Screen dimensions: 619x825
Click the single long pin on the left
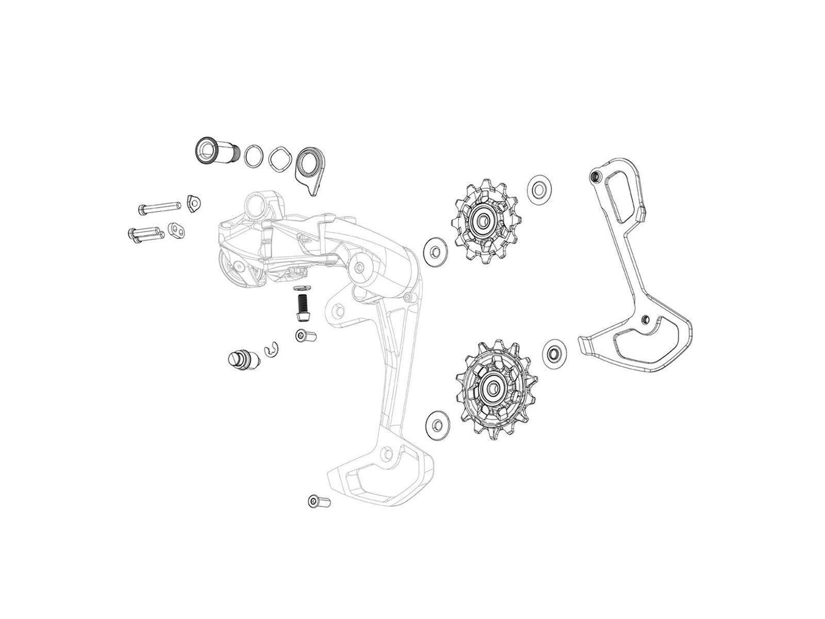coord(160,207)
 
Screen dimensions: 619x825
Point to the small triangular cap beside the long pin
coord(194,204)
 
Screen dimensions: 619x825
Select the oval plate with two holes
coord(177,229)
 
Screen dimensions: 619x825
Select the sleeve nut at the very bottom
coord(319,500)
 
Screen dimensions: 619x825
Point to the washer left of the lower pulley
coord(437,425)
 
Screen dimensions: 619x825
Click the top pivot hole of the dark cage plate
coord(594,176)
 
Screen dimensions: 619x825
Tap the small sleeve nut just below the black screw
coord(305,336)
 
